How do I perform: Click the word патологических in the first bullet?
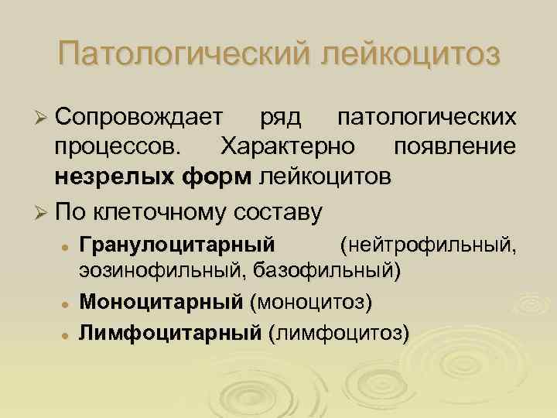[x=426, y=117]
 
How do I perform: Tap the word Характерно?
[x=288, y=147]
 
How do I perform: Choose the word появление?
[x=455, y=147]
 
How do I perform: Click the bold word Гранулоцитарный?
[x=177, y=245]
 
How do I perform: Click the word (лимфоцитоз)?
[x=339, y=333]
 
